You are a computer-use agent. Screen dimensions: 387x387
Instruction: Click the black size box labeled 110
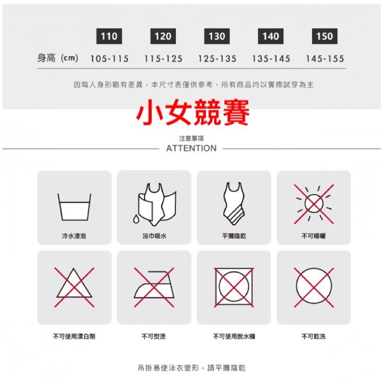[x=109, y=36]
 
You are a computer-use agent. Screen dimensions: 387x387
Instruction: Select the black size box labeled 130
[x=217, y=36]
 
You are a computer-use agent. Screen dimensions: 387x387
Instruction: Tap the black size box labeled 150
[x=324, y=36]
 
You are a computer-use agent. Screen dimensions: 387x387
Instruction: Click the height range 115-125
[x=163, y=59]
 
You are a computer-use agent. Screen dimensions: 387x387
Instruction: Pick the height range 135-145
[x=271, y=59]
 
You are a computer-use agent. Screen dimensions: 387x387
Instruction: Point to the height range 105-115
[x=109, y=59]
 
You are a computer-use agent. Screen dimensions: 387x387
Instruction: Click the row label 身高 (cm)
[x=58, y=59]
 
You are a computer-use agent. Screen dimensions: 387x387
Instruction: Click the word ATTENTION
[x=191, y=149]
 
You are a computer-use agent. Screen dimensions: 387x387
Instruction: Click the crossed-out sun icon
[x=313, y=203]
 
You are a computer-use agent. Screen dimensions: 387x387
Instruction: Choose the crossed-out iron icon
[x=154, y=287]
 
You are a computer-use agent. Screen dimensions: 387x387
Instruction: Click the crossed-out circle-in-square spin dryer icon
[x=234, y=287]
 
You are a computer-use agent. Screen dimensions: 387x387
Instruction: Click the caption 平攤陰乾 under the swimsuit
[x=234, y=236]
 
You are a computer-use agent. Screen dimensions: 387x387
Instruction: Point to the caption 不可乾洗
[x=313, y=336]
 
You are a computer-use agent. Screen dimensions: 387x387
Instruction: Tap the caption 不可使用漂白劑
[x=74, y=336]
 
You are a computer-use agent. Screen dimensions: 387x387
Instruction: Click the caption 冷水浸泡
[x=74, y=236]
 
